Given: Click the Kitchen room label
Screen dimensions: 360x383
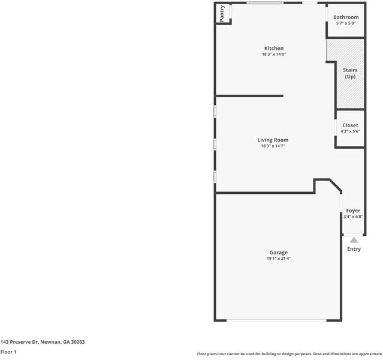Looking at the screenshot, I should coord(274,49).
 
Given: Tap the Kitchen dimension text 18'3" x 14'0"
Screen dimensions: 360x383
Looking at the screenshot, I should coord(274,55).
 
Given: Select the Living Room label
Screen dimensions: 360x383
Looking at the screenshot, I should coord(273,140).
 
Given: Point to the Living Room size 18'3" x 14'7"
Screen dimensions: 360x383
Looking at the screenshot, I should coord(273,146).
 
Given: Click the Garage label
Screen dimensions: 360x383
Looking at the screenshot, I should coord(278,253).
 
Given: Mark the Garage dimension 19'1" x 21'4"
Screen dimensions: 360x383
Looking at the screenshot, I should coord(278,259).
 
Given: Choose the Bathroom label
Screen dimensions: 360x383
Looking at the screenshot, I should coord(346,17).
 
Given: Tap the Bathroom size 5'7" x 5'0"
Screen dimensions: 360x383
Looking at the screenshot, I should coord(346,23).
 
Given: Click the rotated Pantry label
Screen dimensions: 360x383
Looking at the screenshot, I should coord(222,14).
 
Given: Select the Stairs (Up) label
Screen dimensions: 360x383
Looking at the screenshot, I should coord(350,73).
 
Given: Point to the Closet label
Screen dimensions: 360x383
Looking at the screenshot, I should coord(350,125).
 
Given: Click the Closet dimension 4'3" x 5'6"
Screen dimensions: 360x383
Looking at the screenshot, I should coord(350,131).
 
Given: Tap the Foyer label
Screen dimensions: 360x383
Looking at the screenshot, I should coord(353,211).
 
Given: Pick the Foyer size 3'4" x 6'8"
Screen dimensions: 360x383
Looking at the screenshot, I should coord(353,217).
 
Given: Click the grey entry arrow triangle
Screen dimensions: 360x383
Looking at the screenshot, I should coord(354,240).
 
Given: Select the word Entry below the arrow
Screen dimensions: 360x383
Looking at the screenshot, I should coord(354,249).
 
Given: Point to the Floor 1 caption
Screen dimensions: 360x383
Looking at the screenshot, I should coord(8,352).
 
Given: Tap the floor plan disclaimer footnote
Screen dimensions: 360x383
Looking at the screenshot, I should coord(289,354).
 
